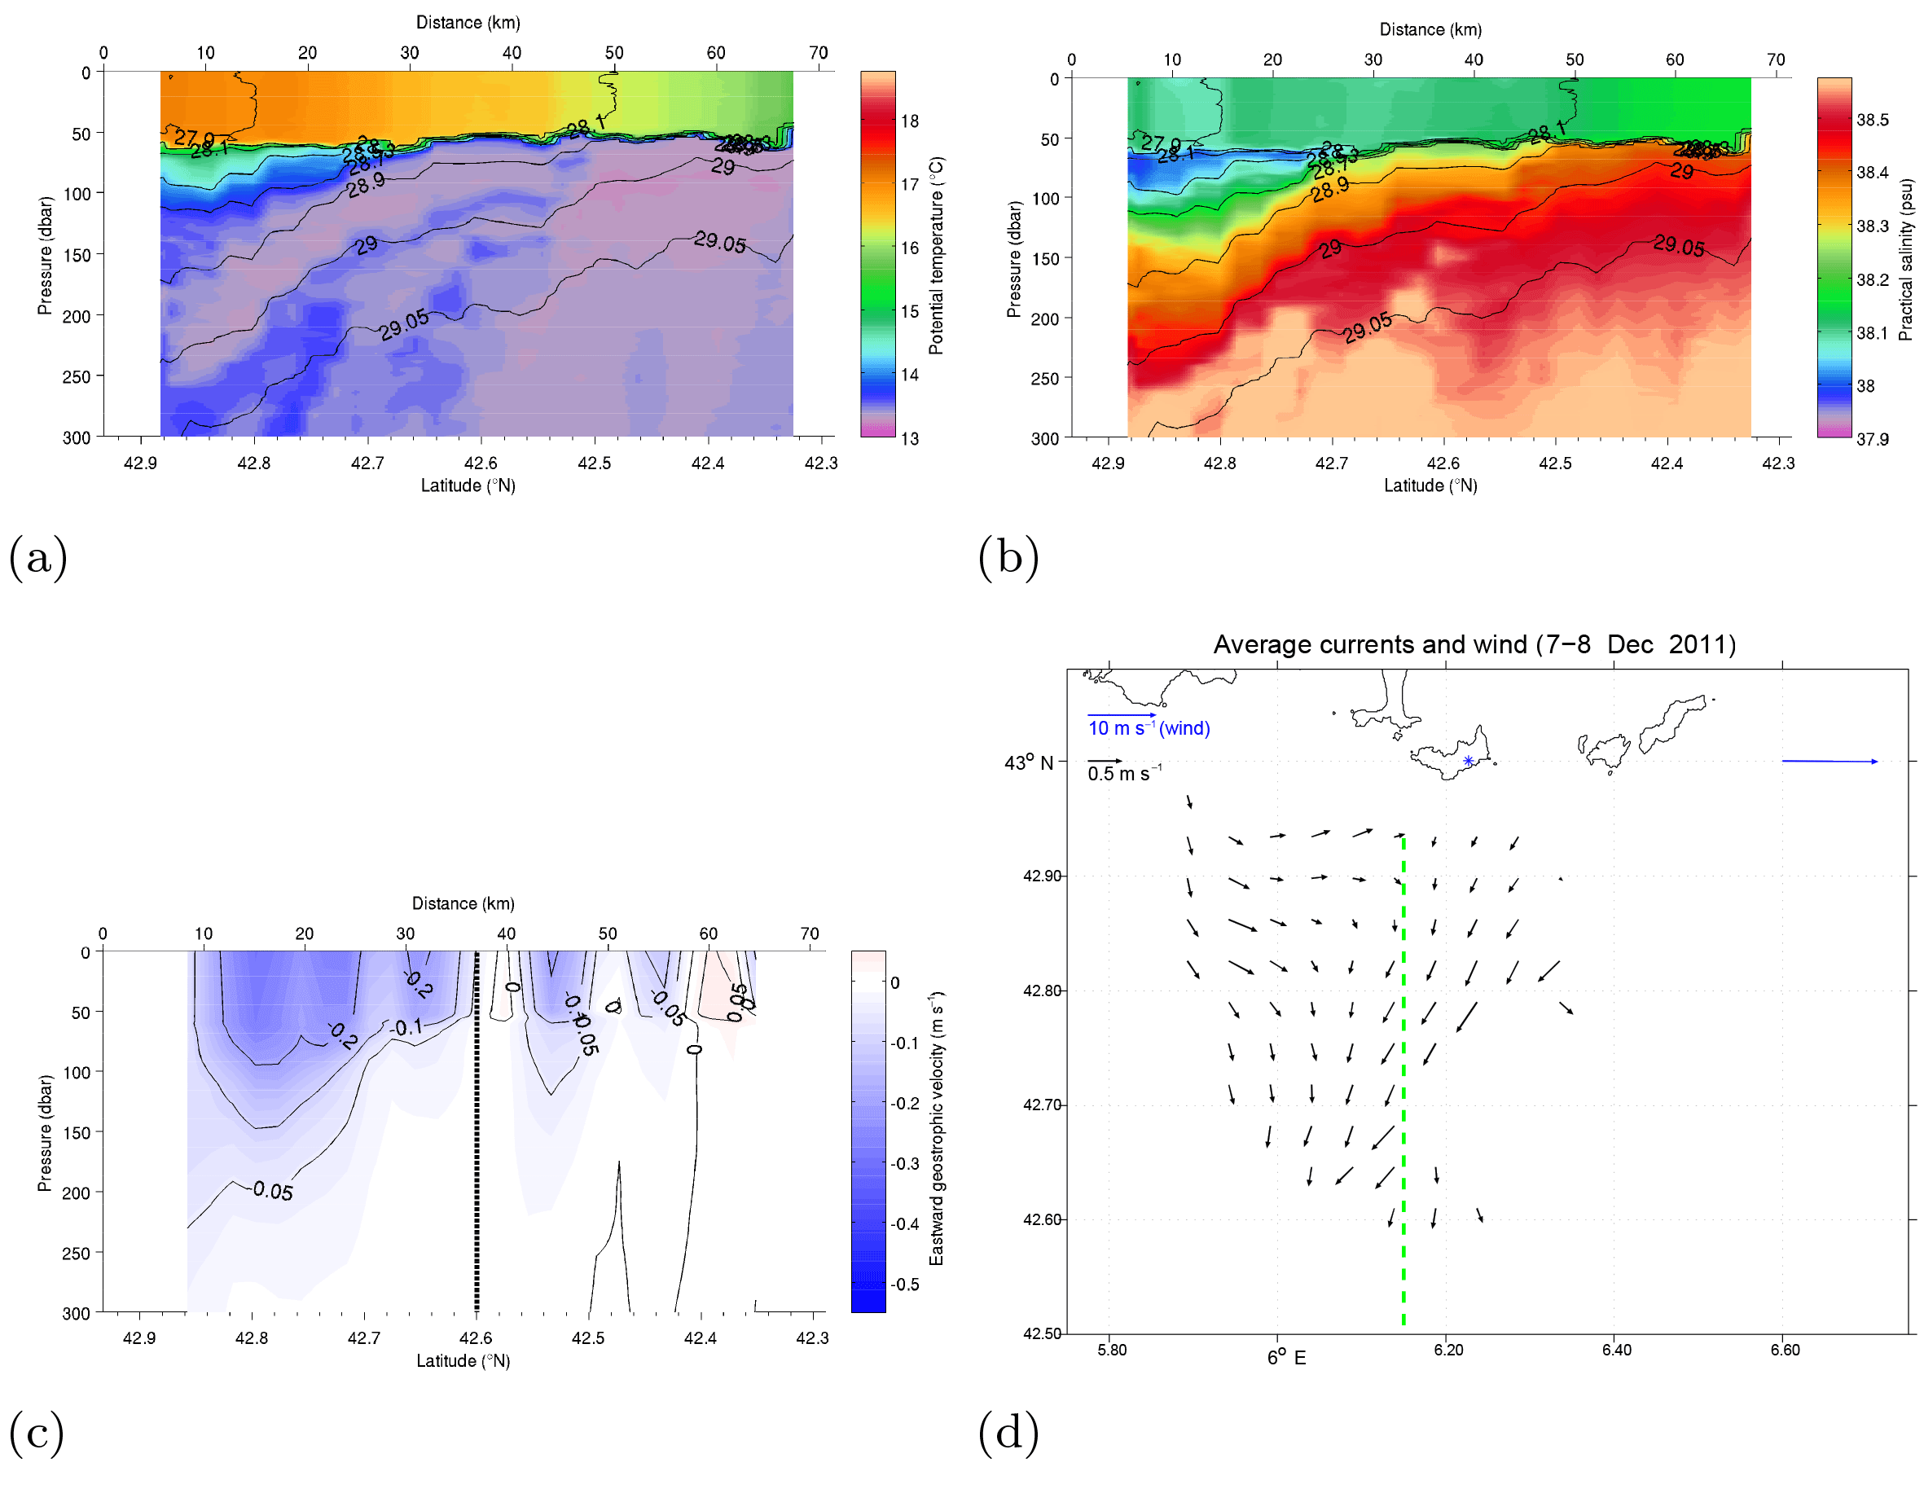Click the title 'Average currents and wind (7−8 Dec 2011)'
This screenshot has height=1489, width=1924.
pos(1474,644)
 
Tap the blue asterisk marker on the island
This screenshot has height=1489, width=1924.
pos(1468,760)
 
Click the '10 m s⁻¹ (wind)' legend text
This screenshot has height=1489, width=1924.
pos(1149,727)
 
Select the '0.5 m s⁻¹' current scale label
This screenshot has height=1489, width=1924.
pos(1124,774)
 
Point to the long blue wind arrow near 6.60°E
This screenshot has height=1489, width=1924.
pos(1829,760)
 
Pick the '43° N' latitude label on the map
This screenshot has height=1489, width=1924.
pos(1028,762)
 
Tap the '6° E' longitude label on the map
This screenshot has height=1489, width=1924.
pos(1286,1357)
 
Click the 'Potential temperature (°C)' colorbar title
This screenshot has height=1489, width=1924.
pos(936,256)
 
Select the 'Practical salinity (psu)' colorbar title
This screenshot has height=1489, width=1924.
pos(1905,260)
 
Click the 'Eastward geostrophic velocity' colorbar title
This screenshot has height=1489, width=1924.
pos(936,1128)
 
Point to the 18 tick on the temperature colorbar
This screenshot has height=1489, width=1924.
pos(909,121)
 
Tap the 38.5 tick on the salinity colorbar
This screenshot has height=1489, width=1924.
pos(1872,120)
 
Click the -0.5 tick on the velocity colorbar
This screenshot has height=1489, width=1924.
pos(905,1284)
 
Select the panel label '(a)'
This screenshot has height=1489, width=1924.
pos(38,558)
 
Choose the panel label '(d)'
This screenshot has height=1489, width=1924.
pos(1008,1432)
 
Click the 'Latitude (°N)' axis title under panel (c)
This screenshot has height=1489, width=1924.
pos(463,1360)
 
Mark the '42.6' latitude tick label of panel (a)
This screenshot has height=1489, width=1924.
pos(480,463)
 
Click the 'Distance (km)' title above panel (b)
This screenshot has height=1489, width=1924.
pos(1430,29)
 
